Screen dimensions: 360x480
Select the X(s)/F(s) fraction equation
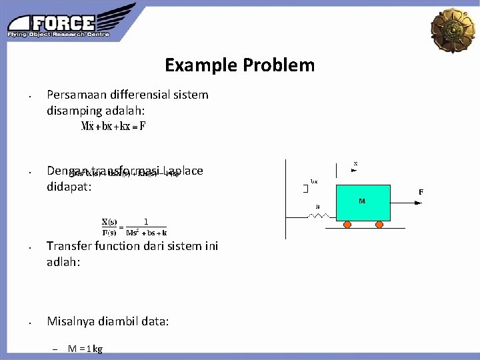pos(134,227)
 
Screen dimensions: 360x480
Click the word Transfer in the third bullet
pos(69,246)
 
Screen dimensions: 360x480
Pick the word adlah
pos(63,262)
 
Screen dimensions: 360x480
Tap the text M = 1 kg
pos(85,349)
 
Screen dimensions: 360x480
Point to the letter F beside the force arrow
pos(421,193)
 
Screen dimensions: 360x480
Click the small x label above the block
pos(355,163)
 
